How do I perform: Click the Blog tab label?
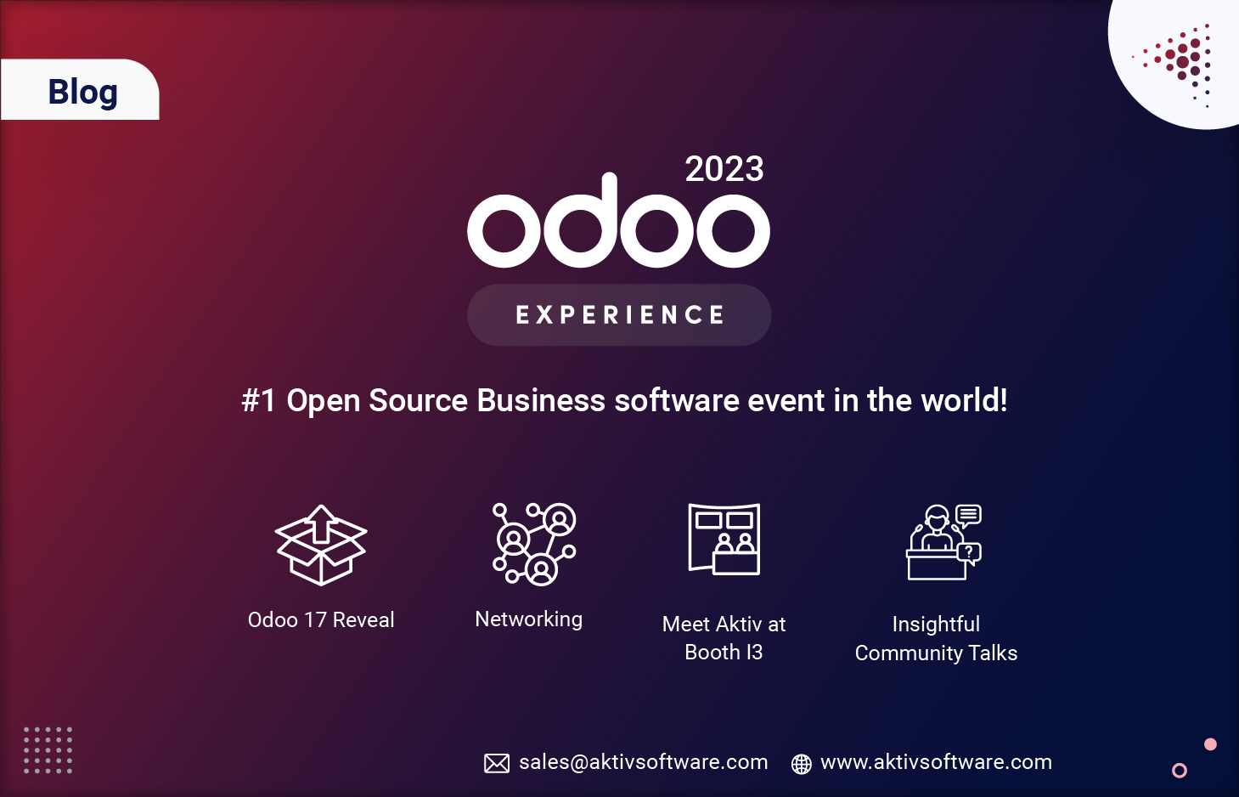[x=82, y=91]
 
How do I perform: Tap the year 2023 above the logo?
[x=724, y=169]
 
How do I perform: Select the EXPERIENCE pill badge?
[x=619, y=315]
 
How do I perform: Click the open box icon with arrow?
[x=321, y=545]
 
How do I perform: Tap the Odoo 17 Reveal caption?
[x=321, y=620]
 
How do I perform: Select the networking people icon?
[x=534, y=544]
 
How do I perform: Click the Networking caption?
[x=528, y=619]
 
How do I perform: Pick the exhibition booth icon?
[x=724, y=540]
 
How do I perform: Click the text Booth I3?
[x=724, y=653]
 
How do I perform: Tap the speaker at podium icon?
[x=943, y=542]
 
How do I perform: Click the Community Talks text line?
[x=936, y=653]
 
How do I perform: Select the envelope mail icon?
[x=497, y=763]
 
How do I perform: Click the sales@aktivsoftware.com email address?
[x=643, y=762]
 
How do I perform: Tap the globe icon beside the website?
[x=801, y=764]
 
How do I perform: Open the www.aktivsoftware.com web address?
[x=936, y=762]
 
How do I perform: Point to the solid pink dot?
[x=1210, y=744]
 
